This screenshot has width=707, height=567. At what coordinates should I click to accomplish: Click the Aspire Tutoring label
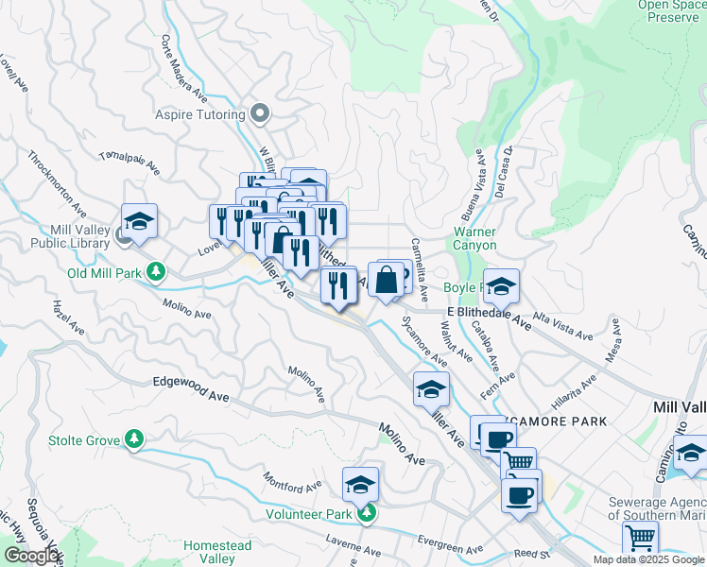click(199, 115)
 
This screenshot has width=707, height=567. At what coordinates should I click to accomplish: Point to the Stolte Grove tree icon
click(135, 439)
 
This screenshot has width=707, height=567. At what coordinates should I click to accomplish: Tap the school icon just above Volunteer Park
click(360, 484)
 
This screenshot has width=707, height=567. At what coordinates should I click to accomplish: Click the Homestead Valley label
click(217, 552)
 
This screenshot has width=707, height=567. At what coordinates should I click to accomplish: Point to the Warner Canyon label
click(474, 238)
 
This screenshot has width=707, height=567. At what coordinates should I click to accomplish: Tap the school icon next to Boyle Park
click(501, 284)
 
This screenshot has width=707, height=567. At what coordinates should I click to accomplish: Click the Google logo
click(31, 556)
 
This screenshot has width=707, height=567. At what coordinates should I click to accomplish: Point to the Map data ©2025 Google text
click(648, 559)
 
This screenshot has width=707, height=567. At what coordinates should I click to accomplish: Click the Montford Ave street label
click(296, 487)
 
